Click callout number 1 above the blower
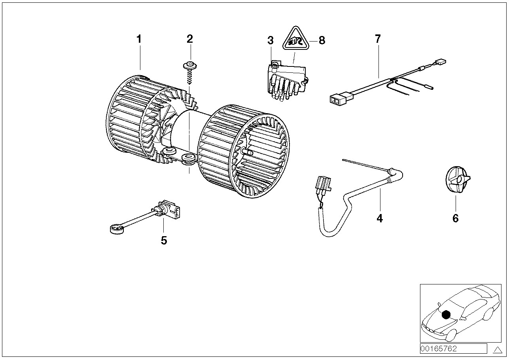(x=139, y=39)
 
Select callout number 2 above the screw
(x=190, y=39)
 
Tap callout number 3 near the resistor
(x=270, y=40)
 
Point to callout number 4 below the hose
(x=380, y=218)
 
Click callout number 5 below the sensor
(x=164, y=240)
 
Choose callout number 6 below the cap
(x=455, y=218)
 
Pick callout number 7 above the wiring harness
(x=378, y=39)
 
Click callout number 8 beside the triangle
(x=322, y=40)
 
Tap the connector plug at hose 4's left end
(x=321, y=186)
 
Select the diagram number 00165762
(x=439, y=349)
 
